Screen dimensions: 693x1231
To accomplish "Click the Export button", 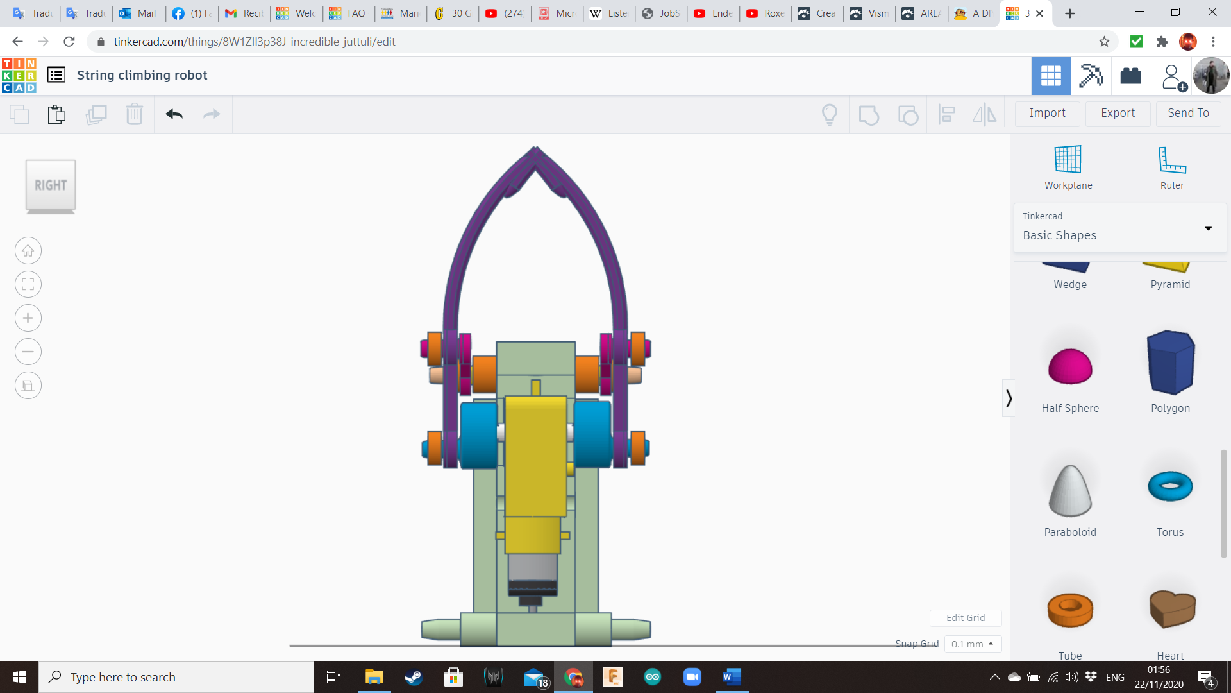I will click(x=1118, y=113).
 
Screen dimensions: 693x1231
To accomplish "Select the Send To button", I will click(x=1188, y=113).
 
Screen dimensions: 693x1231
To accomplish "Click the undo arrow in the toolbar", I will click(x=174, y=114).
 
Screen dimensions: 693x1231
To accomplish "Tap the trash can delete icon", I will click(x=134, y=114).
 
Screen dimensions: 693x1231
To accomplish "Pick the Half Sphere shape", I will click(x=1069, y=366).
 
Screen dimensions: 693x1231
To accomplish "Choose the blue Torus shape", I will click(x=1169, y=486).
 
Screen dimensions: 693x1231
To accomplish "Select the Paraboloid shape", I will click(x=1069, y=491).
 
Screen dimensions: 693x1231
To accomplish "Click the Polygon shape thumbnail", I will click(x=1169, y=363).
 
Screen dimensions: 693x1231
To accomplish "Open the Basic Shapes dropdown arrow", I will click(x=1208, y=228).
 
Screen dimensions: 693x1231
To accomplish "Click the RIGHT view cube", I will click(x=51, y=185).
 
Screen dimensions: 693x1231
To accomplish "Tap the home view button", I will click(x=28, y=251).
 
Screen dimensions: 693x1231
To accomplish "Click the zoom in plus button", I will click(x=28, y=318).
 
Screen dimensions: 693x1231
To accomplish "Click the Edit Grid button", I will click(x=965, y=618).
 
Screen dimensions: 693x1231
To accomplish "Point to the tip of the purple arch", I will click(x=535, y=149).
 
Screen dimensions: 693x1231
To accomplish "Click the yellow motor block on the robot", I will click(x=535, y=456).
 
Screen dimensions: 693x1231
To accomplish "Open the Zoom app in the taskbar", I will click(x=692, y=677).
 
